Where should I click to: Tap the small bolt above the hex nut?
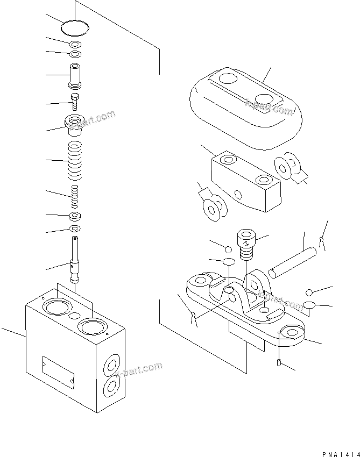coord(75,101)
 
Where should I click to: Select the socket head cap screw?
coord(245,245)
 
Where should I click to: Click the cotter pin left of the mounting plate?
coord(193,317)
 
